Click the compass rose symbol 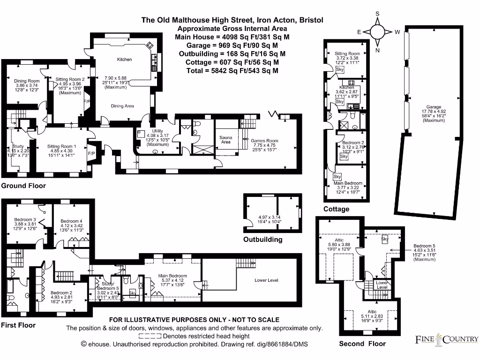(x=377, y=31)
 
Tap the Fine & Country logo (x=447, y=339)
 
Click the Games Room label (x=264, y=140)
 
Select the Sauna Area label (x=226, y=139)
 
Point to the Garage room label (x=434, y=107)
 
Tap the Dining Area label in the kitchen (x=122, y=106)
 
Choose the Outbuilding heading (x=262, y=239)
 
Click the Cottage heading (x=336, y=209)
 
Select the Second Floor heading (x=362, y=344)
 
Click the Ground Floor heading (x=23, y=186)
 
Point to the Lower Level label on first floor (x=266, y=280)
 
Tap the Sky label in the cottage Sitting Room (x=340, y=69)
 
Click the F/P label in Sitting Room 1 (x=91, y=153)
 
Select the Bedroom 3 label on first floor (x=25, y=219)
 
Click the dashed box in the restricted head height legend (x=150, y=336)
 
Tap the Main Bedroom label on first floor (x=172, y=276)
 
